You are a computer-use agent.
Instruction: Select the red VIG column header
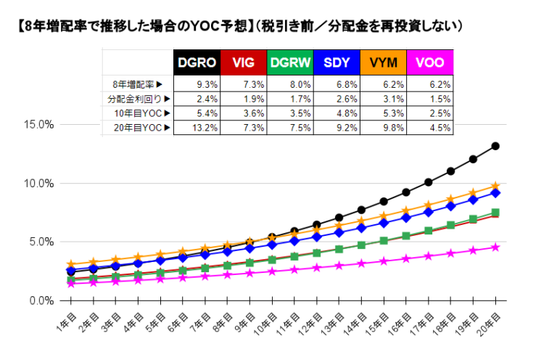click(x=244, y=62)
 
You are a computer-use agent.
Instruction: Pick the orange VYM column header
click(x=383, y=62)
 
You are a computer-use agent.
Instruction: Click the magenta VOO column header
click(x=429, y=62)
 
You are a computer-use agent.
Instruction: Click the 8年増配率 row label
click(x=137, y=84)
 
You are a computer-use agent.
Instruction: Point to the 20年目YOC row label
click(x=137, y=128)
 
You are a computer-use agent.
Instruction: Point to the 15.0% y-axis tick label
click(x=39, y=124)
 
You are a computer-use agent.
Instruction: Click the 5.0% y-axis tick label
click(x=41, y=242)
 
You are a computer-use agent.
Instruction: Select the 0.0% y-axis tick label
click(x=41, y=300)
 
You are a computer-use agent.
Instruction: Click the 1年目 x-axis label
click(x=66, y=319)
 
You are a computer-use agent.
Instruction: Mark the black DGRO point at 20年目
click(x=495, y=146)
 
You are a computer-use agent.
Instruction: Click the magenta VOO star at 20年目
click(x=495, y=247)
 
